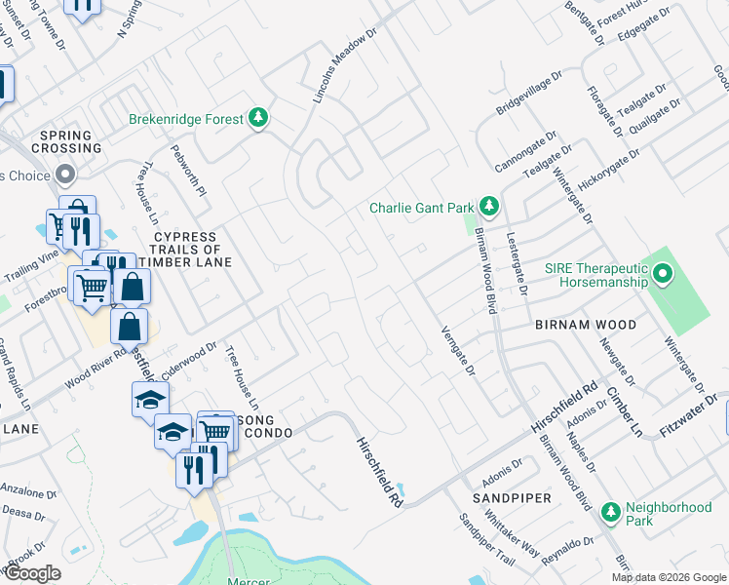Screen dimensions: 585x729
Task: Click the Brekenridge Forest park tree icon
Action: [x=258, y=119]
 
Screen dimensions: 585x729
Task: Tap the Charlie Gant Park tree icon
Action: [x=489, y=207]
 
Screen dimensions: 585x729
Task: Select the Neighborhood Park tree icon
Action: [x=610, y=510]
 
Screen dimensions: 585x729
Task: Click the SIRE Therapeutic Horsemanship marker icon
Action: [x=663, y=274]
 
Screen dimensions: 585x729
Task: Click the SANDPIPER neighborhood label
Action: [x=512, y=498]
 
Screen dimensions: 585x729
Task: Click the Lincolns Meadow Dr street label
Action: [x=345, y=66]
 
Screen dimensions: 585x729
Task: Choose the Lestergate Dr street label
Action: [x=517, y=263]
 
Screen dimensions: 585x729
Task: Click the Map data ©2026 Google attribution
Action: [x=670, y=576]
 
